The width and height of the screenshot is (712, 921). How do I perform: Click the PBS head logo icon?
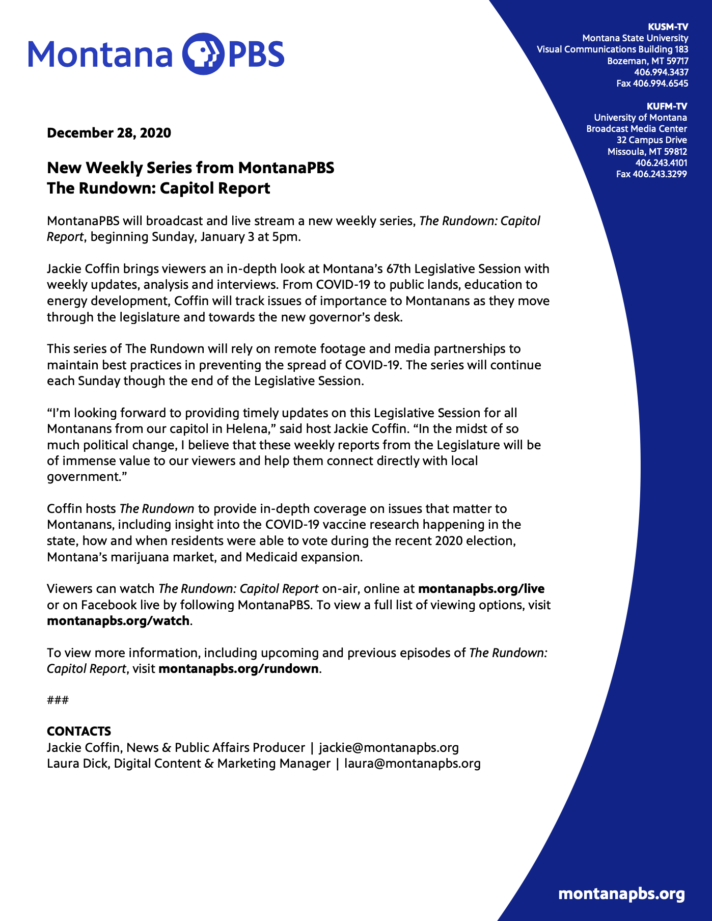tap(203, 54)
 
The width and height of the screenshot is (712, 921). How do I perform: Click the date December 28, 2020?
tap(109, 133)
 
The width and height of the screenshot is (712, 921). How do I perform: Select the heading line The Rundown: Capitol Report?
tap(158, 188)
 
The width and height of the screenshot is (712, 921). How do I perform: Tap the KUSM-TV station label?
tap(668, 27)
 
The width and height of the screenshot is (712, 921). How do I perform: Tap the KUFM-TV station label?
tap(667, 106)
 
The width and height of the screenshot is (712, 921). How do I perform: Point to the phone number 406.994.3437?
tap(661, 72)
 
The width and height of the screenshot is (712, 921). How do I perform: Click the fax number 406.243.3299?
tap(651, 174)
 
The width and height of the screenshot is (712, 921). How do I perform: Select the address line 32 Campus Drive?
tap(651, 140)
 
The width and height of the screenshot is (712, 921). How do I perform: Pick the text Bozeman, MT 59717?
tap(647, 61)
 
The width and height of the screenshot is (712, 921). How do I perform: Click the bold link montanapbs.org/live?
tap(481, 589)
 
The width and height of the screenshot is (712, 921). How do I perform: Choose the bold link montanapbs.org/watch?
tap(118, 621)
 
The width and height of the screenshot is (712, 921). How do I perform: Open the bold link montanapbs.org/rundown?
tap(238, 669)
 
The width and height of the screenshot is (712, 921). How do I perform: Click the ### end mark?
tap(58, 700)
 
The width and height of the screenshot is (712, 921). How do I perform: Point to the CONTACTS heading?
tap(79, 732)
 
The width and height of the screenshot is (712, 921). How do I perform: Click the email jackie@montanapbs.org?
tap(389, 748)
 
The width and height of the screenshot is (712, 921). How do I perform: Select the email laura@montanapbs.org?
tap(413, 764)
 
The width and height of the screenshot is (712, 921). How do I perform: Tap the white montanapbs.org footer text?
tap(621, 894)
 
